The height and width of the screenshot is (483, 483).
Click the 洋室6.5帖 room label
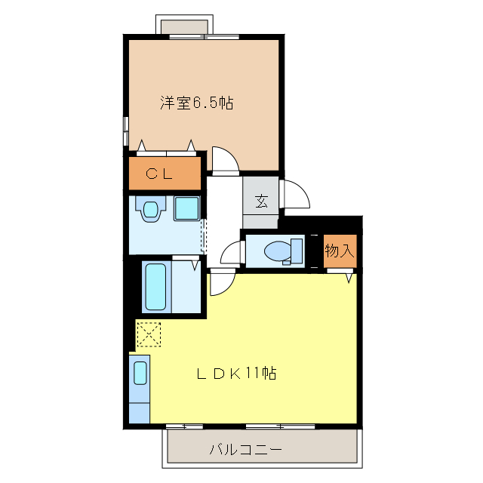(195, 103)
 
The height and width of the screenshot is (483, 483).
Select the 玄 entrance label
(261, 201)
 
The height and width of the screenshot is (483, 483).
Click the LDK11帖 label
(235, 373)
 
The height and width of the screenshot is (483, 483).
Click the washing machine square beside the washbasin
(186, 208)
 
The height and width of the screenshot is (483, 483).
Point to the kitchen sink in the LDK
(140, 373)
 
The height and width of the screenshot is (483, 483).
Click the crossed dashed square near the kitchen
(149, 333)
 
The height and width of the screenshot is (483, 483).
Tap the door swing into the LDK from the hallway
(222, 282)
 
